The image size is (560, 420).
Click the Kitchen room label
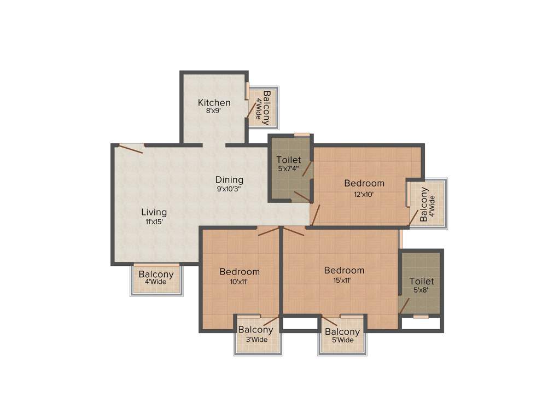[x=214, y=102]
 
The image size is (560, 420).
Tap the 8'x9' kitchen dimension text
[x=213, y=111]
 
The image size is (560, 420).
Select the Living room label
[x=154, y=212]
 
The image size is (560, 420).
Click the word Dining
[x=229, y=179]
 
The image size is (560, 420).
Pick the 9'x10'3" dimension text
[x=229, y=189]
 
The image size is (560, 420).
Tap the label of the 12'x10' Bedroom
[x=364, y=183]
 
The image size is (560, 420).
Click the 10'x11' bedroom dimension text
[x=239, y=282]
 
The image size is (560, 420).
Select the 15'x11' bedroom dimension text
[x=343, y=280]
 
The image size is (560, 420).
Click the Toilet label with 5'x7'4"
[x=288, y=160]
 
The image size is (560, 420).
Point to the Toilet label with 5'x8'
[x=422, y=281]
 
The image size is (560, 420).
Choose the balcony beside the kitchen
[x=262, y=107]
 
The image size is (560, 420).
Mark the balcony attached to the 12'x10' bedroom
[x=427, y=204]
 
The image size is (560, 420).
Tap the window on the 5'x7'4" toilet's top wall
[x=301, y=135]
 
